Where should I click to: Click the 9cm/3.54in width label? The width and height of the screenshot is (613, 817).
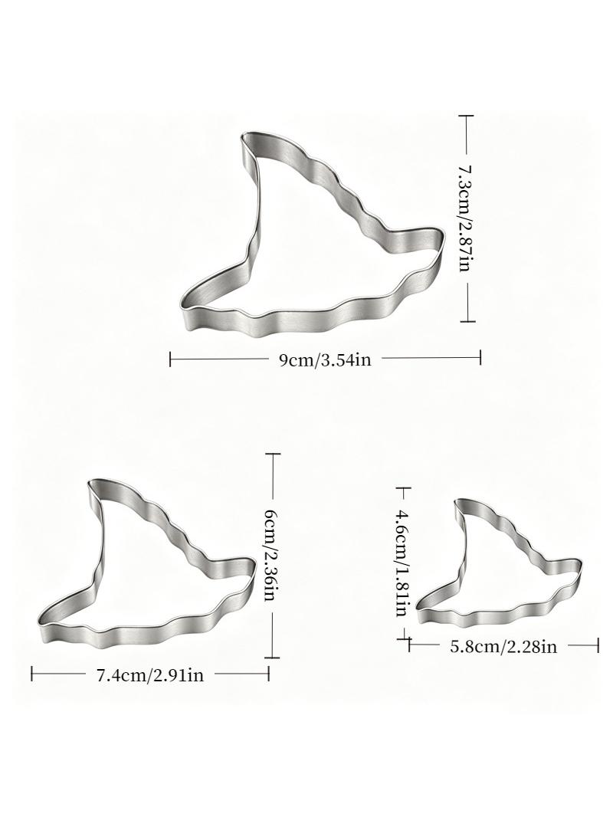pos(325,359)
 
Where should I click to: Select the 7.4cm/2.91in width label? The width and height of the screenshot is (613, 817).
pos(150,675)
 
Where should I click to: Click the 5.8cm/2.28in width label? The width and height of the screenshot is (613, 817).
pos(503,647)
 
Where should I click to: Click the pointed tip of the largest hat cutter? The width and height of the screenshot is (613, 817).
pos(244,136)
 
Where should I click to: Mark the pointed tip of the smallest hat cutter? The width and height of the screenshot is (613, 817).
pos(457,502)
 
